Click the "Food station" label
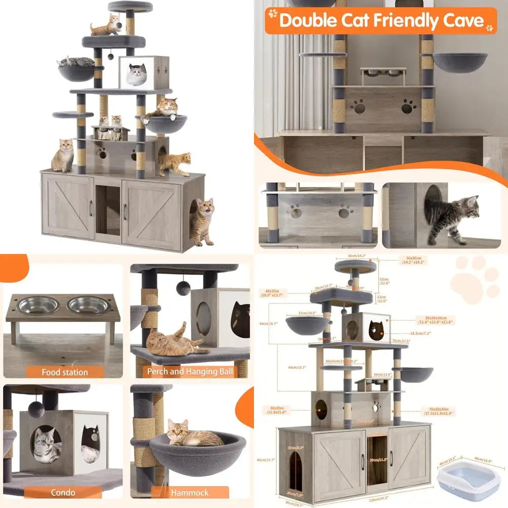point(65,372)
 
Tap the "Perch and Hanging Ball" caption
point(190,372)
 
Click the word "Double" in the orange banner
point(309,21)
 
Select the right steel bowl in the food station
point(88,305)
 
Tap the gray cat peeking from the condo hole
point(47,444)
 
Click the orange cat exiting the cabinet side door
point(203,221)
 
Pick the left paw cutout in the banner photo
point(360,107)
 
